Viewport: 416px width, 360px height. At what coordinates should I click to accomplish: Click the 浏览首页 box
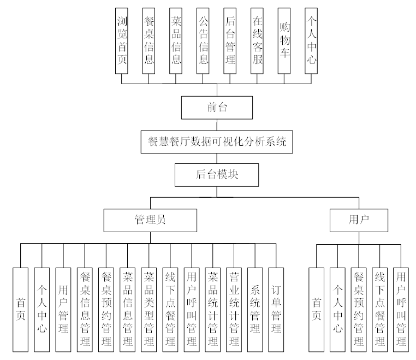click(x=122, y=41)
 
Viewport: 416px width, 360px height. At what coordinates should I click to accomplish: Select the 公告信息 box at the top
click(x=203, y=41)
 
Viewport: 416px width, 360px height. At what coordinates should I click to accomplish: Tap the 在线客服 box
click(x=258, y=41)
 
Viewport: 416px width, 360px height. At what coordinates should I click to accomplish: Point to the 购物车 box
click(x=284, y=41)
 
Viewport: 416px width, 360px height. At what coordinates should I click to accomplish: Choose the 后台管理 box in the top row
click(x=230, y=41)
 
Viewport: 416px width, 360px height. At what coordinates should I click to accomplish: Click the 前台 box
click(x=217, y=108)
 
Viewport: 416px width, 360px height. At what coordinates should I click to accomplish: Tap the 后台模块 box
click(x=217, y=175)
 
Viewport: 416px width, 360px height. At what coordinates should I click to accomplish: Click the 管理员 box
click(x=150, y=220)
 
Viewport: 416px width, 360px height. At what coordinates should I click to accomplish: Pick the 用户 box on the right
click(x=359, y=220)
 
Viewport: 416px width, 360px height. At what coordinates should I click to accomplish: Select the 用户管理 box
click(x=63, y=309)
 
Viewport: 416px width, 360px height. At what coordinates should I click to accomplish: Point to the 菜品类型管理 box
click(x=148, y=309)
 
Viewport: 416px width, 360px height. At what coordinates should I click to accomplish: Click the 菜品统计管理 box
click(x=212, y=309)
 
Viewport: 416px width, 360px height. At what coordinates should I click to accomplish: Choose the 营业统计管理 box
click(x=234, y=309)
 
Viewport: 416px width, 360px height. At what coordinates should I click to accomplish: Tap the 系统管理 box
click(x=255, y=309)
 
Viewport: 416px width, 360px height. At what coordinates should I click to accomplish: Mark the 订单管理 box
click(x=276, y=309)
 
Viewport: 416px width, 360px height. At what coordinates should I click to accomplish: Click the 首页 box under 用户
click(x=316, y=309)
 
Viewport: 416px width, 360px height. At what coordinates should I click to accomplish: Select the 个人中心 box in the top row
click(x=311, y=41)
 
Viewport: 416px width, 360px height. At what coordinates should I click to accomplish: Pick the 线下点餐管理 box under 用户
click(x=380, y=309)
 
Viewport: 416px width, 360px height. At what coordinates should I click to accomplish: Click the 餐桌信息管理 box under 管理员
click(x=85, y=309)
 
